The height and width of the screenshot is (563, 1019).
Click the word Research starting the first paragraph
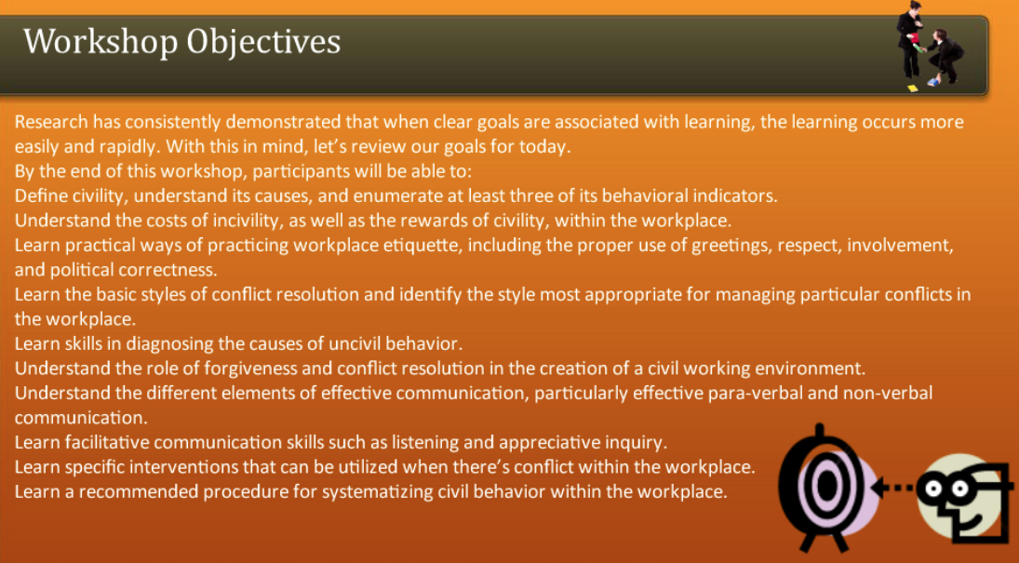point(52,123)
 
